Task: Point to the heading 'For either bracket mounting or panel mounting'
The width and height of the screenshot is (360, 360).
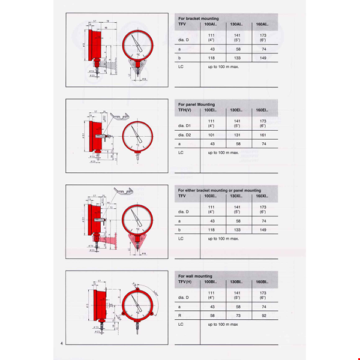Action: click(x=219, y=190)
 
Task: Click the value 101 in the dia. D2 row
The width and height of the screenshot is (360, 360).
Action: click(x=211, y=136)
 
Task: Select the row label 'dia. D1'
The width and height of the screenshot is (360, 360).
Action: click(x=185, y=124)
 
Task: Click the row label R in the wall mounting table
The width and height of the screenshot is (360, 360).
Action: click(x=180, y=316)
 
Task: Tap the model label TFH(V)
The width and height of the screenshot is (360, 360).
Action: click(x=185, y=110)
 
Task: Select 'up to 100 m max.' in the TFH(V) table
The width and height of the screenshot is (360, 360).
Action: click(x=223, y=152)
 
